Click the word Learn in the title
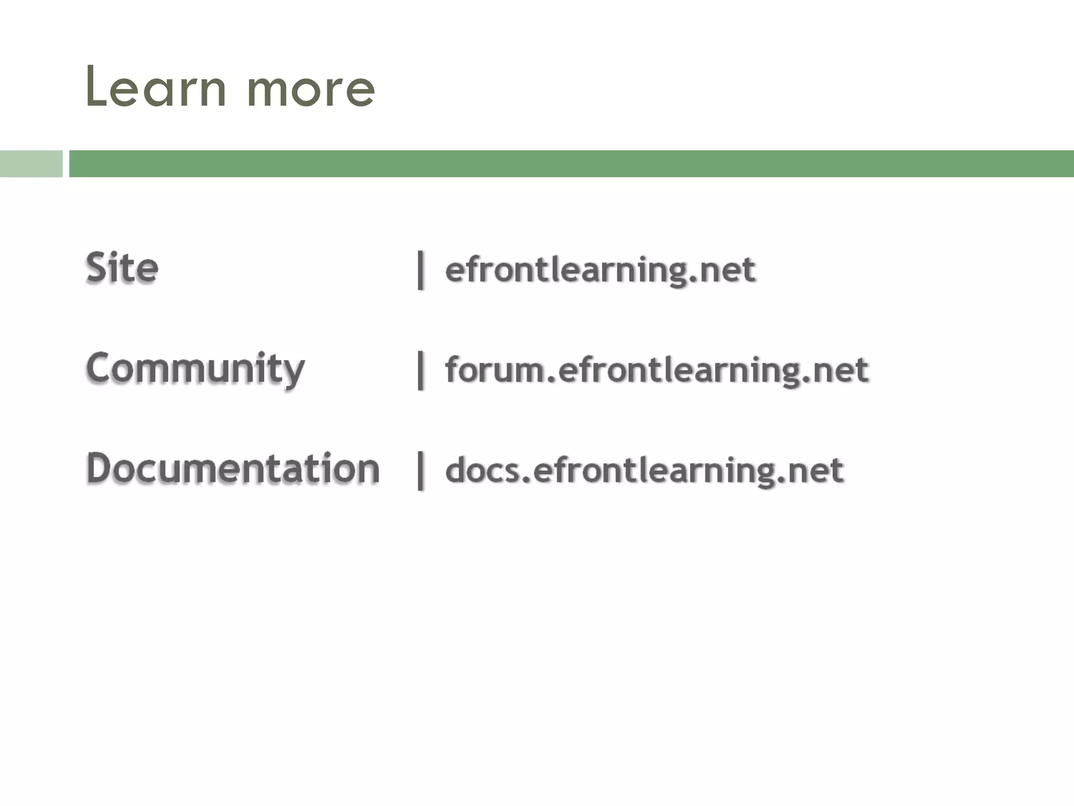(156, 88)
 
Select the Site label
(122, 268)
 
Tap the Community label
(195, 369)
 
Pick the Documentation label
(233, 468)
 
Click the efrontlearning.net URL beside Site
(600, 270)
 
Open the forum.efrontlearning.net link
(657, 370)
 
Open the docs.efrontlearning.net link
(644, 470)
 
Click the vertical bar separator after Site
(420, 270)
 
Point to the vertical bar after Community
(420, 370)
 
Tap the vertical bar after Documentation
(420, 471)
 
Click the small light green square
(31, 164)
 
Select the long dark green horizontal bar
(572, 164)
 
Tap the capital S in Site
(96, 268)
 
